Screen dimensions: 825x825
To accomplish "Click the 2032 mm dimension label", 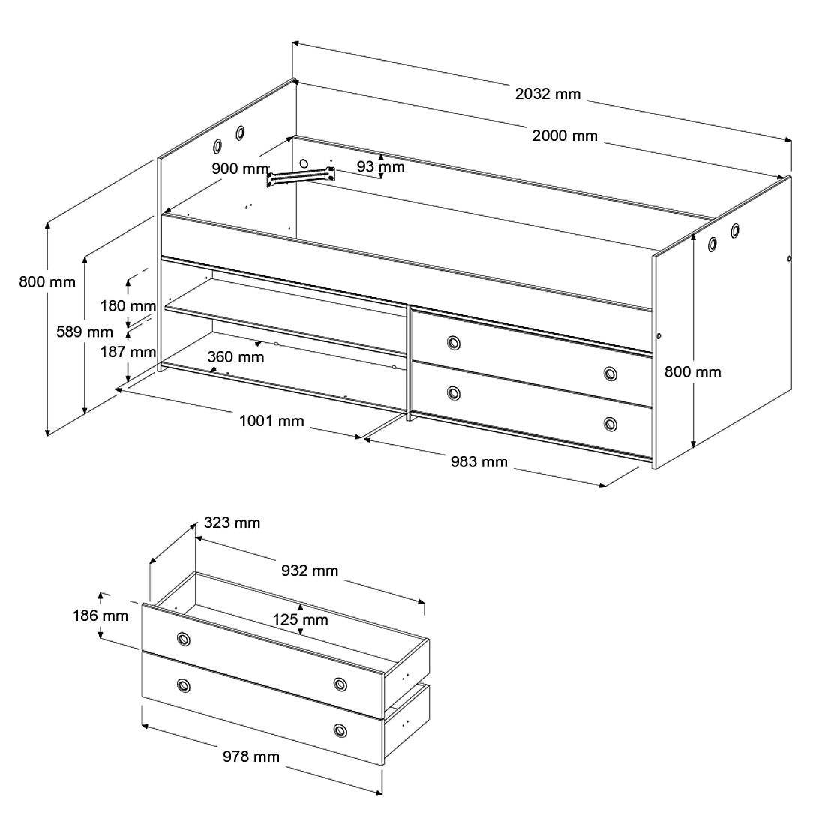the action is tap(547, 94).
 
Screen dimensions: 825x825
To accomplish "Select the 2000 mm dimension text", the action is tap(565, 136).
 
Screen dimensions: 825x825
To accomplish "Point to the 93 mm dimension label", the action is tap(380, 166).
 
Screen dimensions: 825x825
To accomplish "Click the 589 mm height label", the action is tap(85, 332).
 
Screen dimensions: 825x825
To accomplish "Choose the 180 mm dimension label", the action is tap(127, 306).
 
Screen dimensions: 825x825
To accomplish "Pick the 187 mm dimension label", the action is tap(127, 352).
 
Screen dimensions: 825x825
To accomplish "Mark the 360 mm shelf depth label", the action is tap(235, 357).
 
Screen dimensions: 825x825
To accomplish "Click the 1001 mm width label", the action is tap(271, 421).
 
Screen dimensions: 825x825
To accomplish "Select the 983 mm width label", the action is tap(478, 462).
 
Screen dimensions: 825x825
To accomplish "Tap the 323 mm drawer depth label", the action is tap(232, 523).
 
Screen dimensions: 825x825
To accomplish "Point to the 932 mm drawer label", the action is tap(309, 571).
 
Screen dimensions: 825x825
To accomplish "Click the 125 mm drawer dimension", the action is tap(301, 619).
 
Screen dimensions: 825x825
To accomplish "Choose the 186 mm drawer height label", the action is tap(100, 616).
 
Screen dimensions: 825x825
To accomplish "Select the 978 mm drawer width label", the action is tap(251, 757).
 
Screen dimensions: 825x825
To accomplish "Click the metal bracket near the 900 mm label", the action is tap(301, 177).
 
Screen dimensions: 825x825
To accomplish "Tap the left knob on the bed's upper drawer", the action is tap(454, 343).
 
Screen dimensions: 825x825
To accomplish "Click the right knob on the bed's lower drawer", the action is tap(610, 424).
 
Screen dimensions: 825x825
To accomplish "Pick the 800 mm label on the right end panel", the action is tap(692, 372).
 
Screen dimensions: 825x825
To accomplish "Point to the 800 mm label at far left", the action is tap(47, 282).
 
